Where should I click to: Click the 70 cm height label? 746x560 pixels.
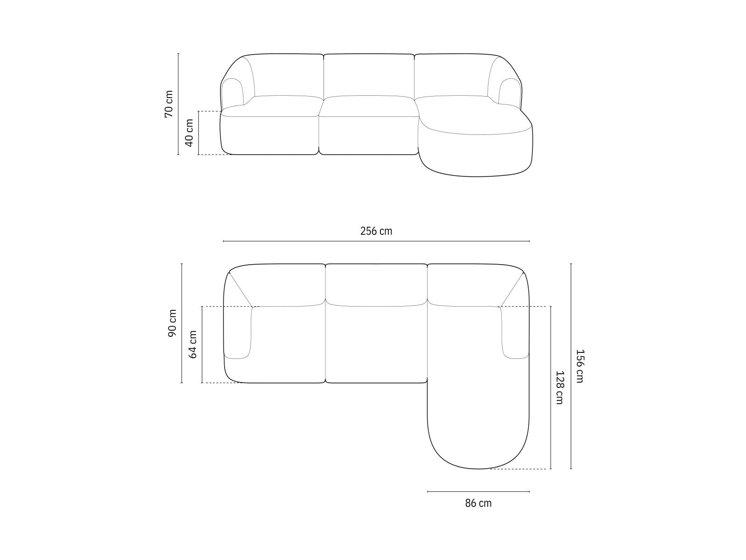169,104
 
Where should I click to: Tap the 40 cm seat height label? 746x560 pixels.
190,133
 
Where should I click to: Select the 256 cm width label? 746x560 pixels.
376,231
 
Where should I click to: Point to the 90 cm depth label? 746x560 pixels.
172,323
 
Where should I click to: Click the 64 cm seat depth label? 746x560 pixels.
193,344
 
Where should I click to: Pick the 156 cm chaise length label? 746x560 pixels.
580,366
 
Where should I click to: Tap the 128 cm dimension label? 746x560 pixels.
559,387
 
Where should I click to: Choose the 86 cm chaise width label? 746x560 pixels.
478,503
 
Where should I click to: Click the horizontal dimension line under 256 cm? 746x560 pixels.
376,241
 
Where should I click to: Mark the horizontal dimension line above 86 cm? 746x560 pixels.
478,491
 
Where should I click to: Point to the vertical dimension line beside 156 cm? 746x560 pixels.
571,366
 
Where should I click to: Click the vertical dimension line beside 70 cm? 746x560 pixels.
179,104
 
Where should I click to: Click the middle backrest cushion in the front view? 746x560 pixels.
369,75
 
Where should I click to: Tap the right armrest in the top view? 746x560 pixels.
515,334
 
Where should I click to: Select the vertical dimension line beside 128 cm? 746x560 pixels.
551,387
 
